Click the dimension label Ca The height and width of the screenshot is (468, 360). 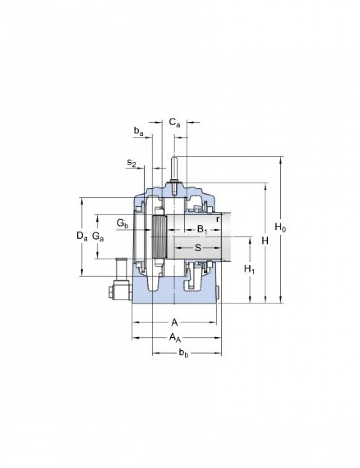pos(174,123)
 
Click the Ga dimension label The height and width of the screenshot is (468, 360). pos(98,236)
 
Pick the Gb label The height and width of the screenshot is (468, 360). pos(122,224)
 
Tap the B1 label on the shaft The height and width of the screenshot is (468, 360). pos(202,229)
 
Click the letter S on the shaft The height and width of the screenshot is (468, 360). pos(198,248)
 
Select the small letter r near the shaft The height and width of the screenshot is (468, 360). pos(218,219)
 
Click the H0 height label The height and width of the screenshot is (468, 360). pos(280,228)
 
